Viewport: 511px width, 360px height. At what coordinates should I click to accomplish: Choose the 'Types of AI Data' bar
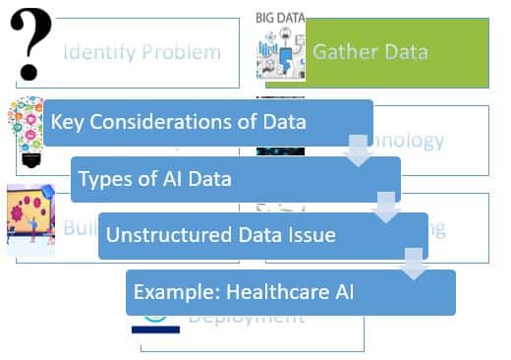tap(236, 179)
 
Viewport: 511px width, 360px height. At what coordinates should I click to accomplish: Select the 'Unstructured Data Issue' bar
tap(262, 235)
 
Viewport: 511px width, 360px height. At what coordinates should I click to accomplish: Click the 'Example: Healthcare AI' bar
tap(291, 292)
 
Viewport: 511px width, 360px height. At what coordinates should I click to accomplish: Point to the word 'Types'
tap(103, 179)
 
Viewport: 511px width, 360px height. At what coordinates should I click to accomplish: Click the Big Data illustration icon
tap(281, 54)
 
